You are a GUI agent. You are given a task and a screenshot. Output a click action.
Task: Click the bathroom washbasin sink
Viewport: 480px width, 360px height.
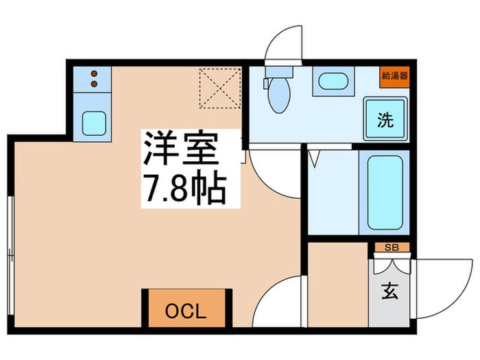pyautogui.click(x=333, y=83)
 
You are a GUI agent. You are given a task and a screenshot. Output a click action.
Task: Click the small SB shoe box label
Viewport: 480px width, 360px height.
pyautogui.click(x=392, y=248)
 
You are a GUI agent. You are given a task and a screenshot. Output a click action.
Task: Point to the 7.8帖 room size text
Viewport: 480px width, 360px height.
pyautogui.click(x=183, y=187)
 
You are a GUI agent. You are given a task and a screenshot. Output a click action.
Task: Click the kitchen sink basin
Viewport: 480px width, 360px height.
pyautogui.click(x=93, y=123)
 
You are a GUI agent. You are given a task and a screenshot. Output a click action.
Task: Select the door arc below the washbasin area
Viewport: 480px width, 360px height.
pyautogui.click(x=271, y=171)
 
